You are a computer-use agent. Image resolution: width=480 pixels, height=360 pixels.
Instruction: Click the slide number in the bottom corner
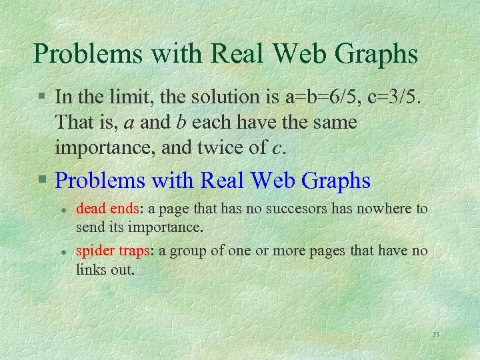pos(436,334)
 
